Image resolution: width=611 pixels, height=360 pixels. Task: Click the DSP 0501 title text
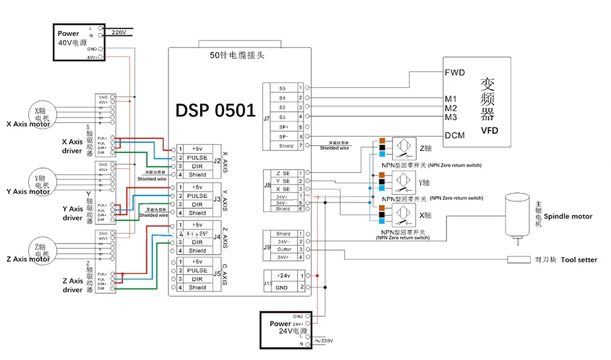(x=215, y=110)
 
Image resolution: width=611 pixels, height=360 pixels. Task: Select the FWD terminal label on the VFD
(x=455, y=73)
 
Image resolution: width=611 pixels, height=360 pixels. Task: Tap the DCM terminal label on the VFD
(x=455, y=136)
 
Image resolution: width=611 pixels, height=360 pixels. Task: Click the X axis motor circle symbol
(x=41, y=111)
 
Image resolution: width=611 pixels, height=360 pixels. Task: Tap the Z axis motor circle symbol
(x=41, y=248)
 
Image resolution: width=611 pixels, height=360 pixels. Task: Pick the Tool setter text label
(x=579, y=260)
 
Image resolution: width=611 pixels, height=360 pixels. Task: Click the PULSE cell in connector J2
(x=197, y=157)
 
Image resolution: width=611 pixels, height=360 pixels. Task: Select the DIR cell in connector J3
(x=197, y=204)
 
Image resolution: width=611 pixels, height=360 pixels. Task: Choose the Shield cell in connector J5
(x=197, y=287)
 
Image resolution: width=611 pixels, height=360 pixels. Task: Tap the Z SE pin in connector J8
(x=282, y=174)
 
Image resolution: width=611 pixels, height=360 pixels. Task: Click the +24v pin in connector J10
(x=283, y=275)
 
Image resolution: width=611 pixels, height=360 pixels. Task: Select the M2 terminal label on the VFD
(x=451, y=108)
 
